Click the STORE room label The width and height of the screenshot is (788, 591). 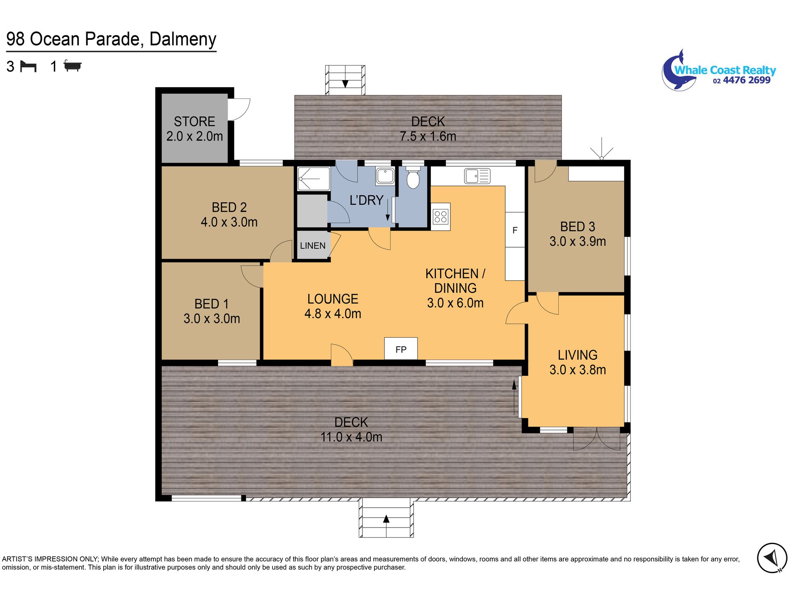[195, 122]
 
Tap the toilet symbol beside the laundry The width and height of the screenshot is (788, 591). [413, 177]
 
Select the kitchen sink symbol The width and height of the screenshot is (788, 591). [477, 176]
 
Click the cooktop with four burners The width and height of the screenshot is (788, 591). [440, 216]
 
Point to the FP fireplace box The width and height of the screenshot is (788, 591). [401, 348]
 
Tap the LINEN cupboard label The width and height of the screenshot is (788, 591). [313, 246]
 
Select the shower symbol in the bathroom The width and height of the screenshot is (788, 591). [314, 179]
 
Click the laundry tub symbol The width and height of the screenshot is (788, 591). [385, 176]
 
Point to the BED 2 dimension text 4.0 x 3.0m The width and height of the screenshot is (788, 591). [229, 222]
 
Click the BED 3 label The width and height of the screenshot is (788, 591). [578, 226]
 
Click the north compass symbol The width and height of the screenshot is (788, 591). [772, 558]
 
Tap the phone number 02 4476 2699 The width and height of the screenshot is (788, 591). [742, 80]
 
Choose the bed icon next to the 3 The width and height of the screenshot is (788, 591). [29, 66]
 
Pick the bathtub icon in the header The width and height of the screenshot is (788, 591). [73, 66]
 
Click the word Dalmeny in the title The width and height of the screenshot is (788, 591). [183, 39]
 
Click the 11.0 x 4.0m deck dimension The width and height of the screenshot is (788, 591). [351, 437]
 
